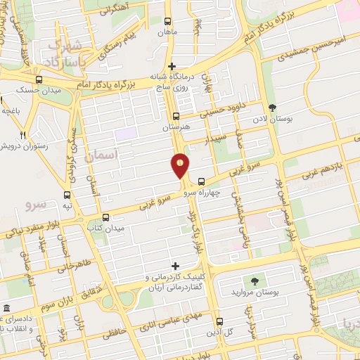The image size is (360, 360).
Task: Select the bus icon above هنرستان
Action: coord(176,117)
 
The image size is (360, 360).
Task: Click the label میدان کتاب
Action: coord(105,229)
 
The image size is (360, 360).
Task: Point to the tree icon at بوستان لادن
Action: coord(272,108)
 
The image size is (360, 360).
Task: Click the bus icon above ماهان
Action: coord(167,21)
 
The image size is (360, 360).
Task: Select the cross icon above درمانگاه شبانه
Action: coord(172,66)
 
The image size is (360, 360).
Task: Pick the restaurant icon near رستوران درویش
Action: coord(24,135)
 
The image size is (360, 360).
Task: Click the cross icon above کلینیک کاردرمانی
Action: coord(167,266)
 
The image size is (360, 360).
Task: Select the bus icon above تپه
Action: coord(67,195)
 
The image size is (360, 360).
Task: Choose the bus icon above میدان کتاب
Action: coord(105,217)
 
